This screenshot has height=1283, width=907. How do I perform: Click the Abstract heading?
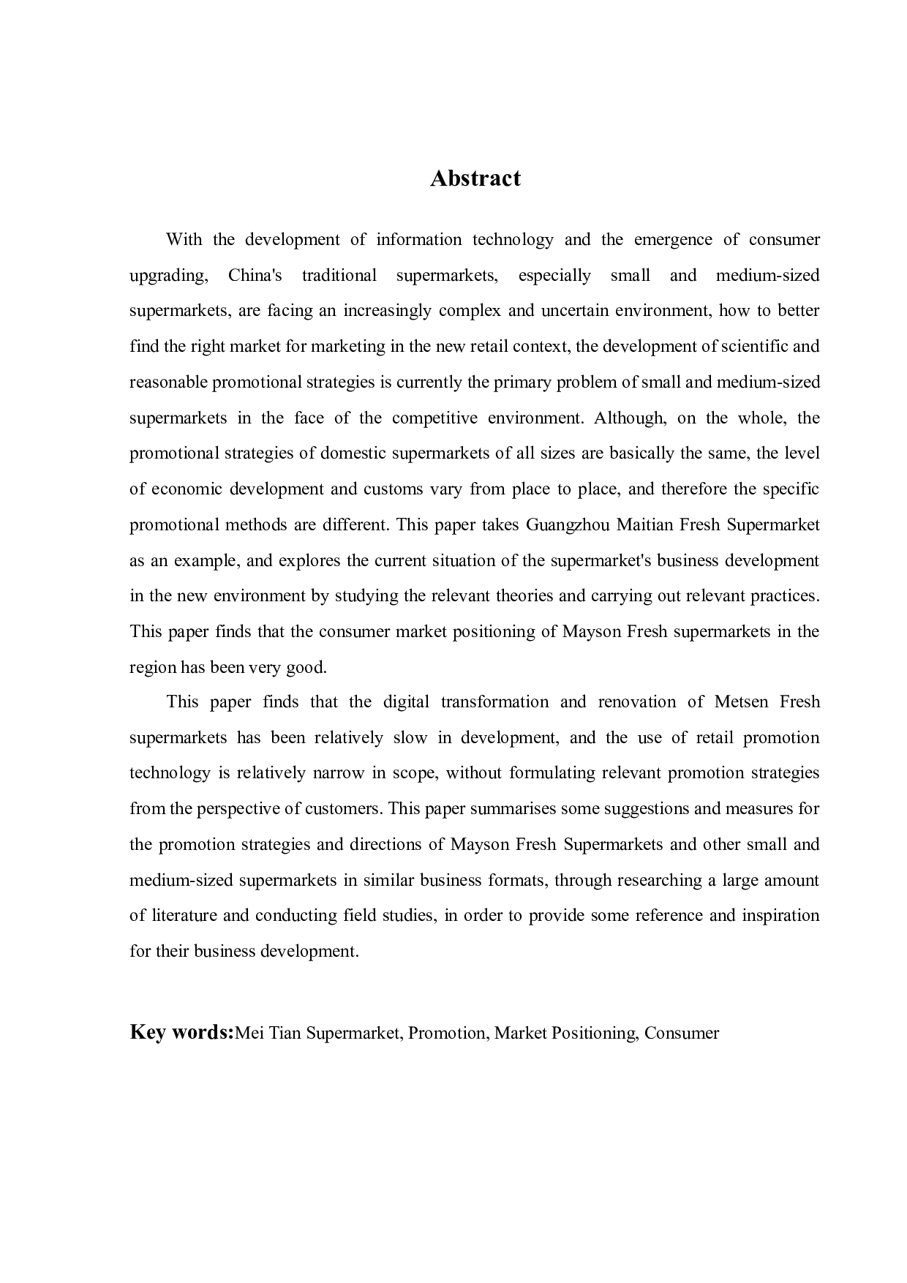[x=475, y=178]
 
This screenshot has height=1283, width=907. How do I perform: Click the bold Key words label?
[x=181, y=1032]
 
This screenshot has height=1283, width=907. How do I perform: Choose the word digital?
[x=406, y=702]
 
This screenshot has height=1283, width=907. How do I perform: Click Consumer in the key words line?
[x=682, y=1034]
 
